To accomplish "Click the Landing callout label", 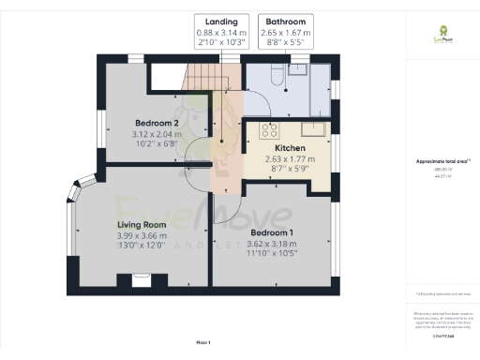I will [x=222, y=21].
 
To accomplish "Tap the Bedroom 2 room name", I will [x=157, y=124].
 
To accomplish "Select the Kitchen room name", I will [x=290, y=148].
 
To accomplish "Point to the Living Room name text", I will [x=142, y=225].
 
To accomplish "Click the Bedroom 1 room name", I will [x=272, y=232].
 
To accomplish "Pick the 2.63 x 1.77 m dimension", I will [x=290, y=159].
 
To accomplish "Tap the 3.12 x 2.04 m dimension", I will [x=157, y=135].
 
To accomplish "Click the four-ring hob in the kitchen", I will [x=269, y=129].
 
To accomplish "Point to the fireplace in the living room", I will [x=142, y=279].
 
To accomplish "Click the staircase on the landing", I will [x=201, y=79].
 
